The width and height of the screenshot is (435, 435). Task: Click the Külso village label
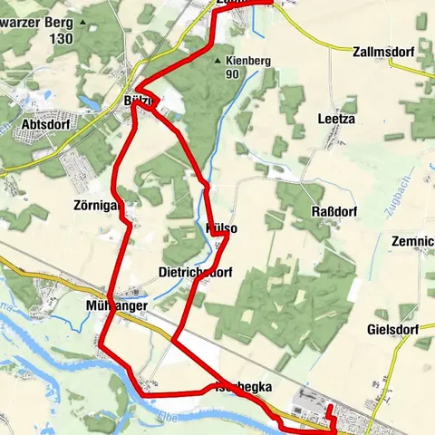[x=222, y=229]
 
